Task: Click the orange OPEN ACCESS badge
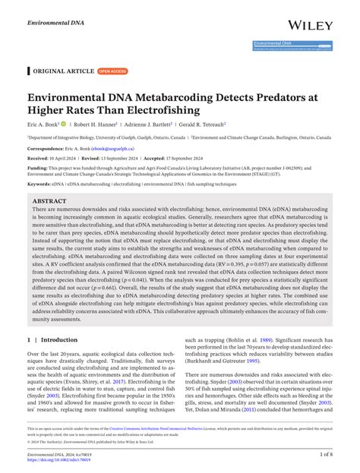coord(114,71)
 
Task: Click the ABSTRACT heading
coord(50,202)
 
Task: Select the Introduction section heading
coord(56,341)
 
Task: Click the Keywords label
coord(42,184)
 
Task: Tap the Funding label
coord(40,168)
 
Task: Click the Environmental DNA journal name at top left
coord(55,14)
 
